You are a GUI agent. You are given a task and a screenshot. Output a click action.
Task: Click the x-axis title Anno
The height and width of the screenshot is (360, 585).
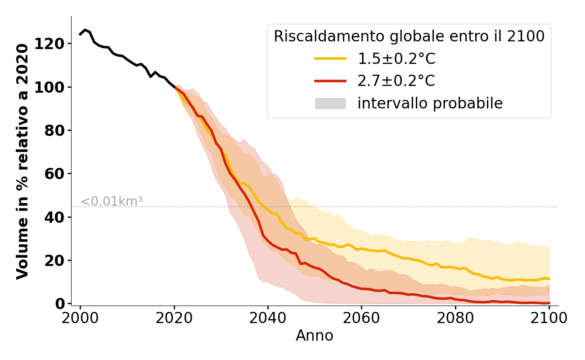click(x=315, y=336)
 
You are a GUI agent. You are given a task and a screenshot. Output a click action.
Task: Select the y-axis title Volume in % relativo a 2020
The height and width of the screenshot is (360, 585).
click(x=22, y=161)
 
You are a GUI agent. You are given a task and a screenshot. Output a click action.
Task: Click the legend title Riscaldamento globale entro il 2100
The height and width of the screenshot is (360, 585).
click(x=409, y=36)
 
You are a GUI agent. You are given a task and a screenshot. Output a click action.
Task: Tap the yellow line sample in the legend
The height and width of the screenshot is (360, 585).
click(x=330, y=58)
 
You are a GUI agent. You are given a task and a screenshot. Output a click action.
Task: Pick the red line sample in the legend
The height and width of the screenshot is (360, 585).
click(x=330, y=81)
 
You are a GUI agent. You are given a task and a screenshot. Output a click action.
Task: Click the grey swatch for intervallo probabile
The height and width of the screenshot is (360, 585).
click(x=330, y=103)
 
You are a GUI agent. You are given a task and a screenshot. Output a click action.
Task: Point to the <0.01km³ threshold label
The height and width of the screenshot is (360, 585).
click(x=112, y=202)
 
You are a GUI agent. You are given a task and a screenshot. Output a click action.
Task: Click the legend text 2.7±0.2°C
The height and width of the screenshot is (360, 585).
click(x=396, y=81)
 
